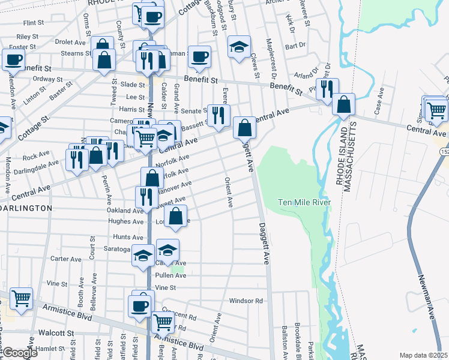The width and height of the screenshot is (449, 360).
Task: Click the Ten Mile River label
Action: point(305,203)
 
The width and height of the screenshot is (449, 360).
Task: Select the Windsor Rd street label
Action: point(246,301)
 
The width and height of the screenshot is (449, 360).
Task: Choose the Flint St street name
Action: point(34,23)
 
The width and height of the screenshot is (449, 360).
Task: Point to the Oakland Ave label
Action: point(125,211)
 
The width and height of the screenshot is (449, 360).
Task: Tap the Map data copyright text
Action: point(424,355)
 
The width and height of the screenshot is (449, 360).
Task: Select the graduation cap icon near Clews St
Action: point(239,47)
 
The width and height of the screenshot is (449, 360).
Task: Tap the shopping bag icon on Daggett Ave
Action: point(244,127)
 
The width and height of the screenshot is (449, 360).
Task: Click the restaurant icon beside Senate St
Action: point(218,115)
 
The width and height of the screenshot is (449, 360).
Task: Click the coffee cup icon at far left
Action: point(13,59)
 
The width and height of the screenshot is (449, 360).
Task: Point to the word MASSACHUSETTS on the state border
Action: point(355,155)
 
